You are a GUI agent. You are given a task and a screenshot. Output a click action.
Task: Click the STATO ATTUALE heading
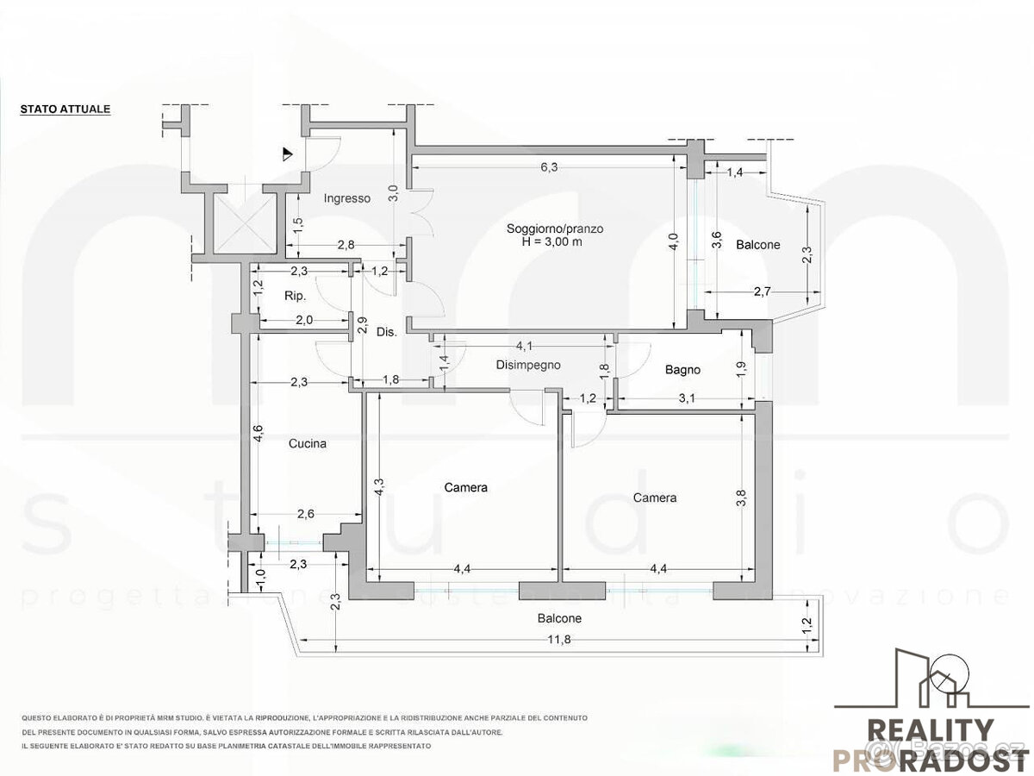point(65,110)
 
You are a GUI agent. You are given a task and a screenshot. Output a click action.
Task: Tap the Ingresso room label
point(346,198)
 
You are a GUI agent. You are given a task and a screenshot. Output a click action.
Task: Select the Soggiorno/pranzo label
point(554,228)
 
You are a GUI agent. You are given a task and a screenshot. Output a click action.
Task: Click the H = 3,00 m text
point(551,242)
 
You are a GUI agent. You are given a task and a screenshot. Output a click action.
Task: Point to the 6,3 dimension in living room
point(549,168)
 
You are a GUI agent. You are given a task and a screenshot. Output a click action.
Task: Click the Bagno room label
point(682,370)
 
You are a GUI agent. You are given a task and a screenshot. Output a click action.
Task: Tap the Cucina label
point(308,444)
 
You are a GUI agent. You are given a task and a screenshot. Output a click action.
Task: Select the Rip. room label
point(296,296)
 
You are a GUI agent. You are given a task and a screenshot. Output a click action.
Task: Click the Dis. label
point(387,332)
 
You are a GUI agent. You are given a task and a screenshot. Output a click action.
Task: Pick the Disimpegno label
point(528,365)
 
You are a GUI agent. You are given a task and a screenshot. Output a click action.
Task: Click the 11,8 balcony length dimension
point(559,639)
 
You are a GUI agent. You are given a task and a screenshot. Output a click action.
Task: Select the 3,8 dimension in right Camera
point(742,498)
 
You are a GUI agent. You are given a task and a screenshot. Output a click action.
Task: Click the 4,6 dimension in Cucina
point(258,434)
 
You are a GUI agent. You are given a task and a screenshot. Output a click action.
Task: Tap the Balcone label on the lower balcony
point(559,618)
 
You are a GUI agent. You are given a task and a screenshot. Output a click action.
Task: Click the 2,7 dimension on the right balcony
point(762,292)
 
